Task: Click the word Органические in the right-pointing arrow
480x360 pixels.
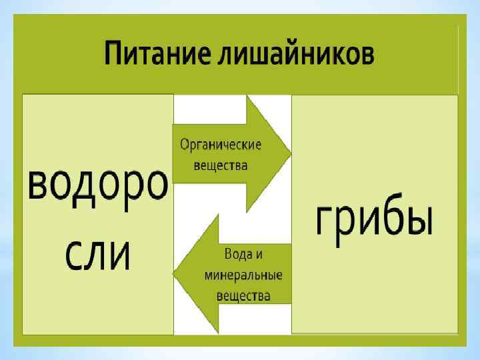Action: click(221, 145)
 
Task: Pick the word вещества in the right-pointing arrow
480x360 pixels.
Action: click(220, 165)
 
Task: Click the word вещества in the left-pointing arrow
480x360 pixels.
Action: click(243, 295)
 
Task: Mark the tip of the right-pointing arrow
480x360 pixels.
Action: click(290, 154)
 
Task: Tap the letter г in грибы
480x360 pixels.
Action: click(324, 221)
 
